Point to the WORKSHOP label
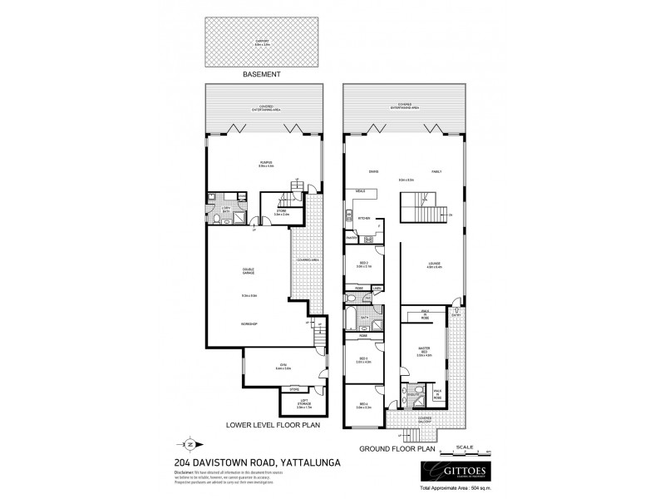click(x=248, y=323)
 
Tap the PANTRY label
click(x=352, y=237)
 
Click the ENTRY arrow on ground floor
click(x=456, y=315)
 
